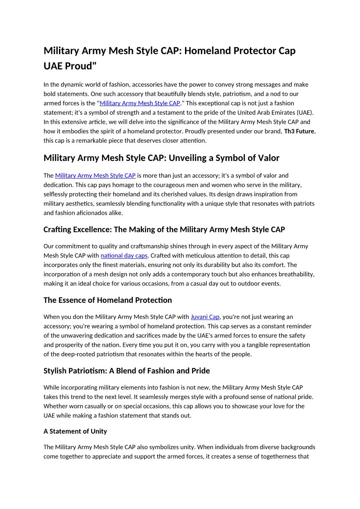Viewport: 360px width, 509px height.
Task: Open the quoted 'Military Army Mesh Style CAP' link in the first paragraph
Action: coord(140,103)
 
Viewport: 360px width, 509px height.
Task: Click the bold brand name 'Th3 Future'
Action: coord(299,131)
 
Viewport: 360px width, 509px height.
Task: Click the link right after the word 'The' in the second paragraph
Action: coord(95,175)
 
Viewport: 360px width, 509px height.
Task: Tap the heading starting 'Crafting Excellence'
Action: coord(164,229)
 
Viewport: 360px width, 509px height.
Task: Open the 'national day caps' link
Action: coord(124,256)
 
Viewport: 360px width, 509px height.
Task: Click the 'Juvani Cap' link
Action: coord(205,317)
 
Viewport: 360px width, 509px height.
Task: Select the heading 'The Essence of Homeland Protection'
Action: coord(107,300)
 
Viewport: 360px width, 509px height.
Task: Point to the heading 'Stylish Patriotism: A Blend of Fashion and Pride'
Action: coord(126,371)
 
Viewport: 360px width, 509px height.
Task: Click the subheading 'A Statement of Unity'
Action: coord(75,431)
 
